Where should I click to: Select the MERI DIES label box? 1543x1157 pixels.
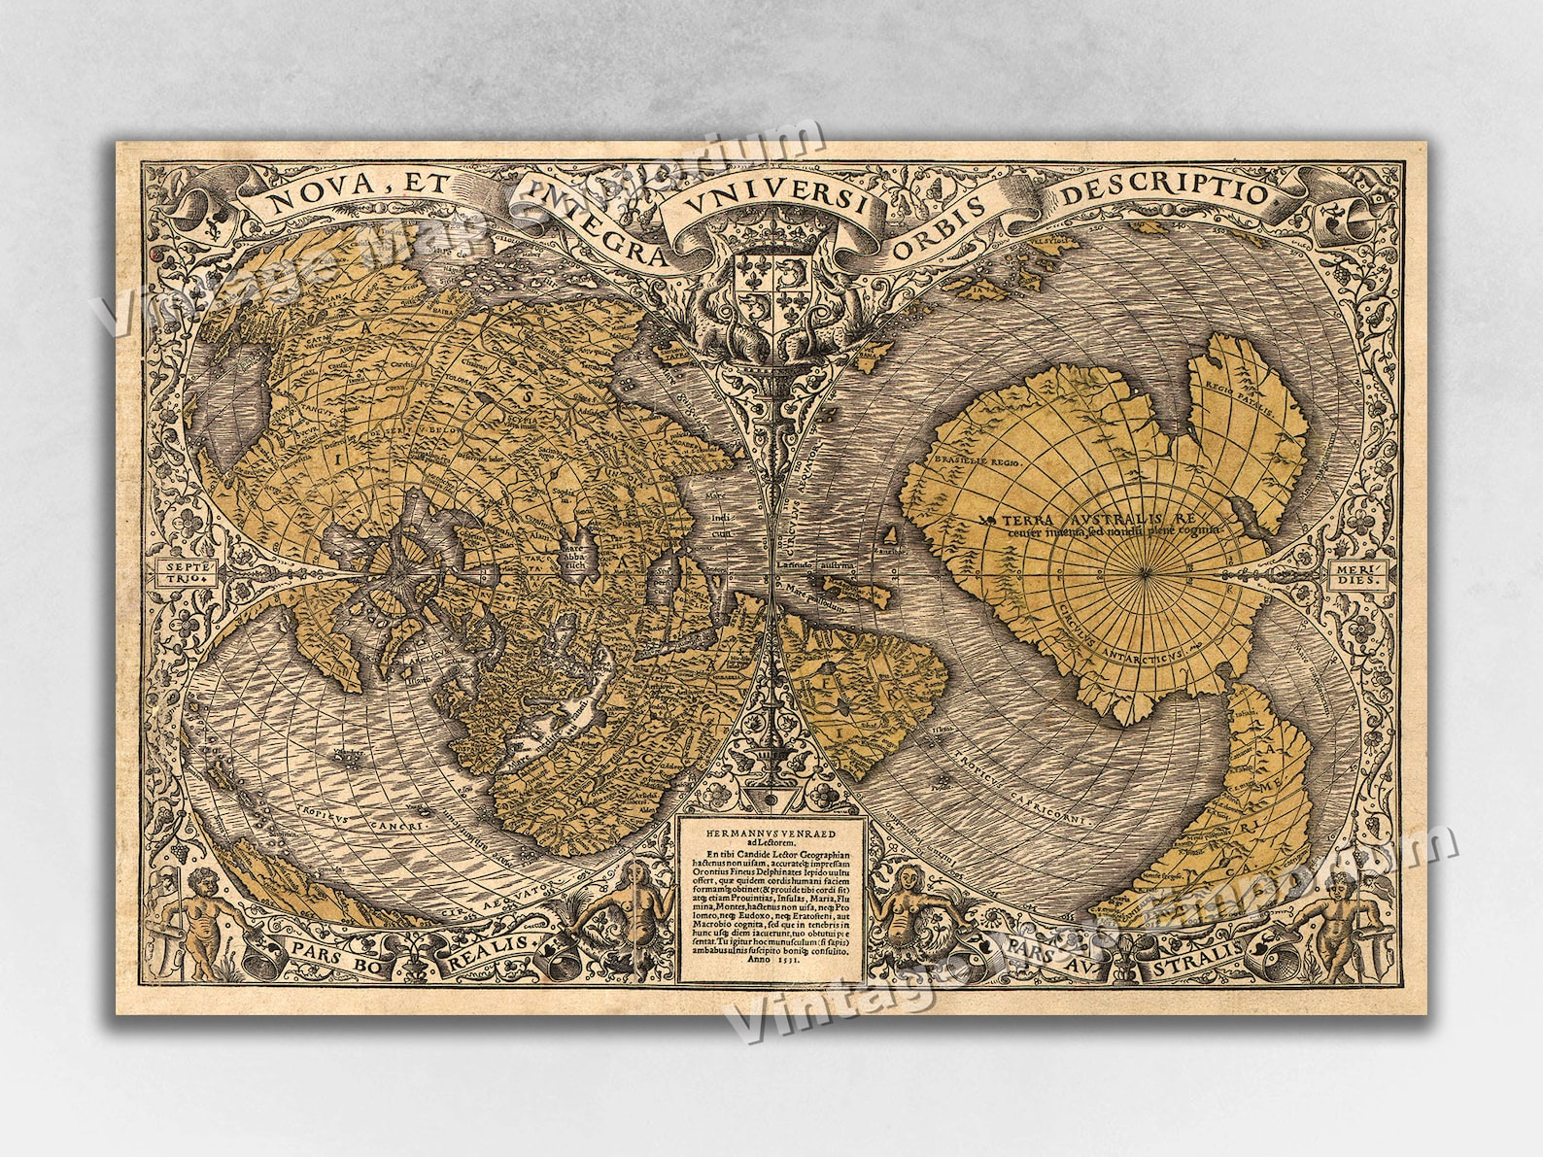click(1351, 576)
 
